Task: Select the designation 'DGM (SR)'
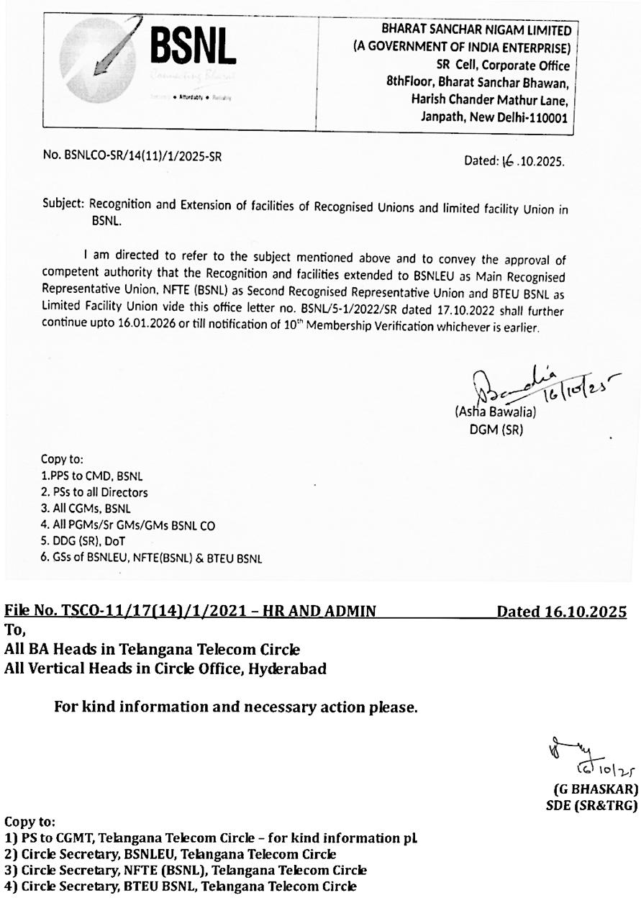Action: (x=495, y=430)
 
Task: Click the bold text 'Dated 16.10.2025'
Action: (x=561, y=612)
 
